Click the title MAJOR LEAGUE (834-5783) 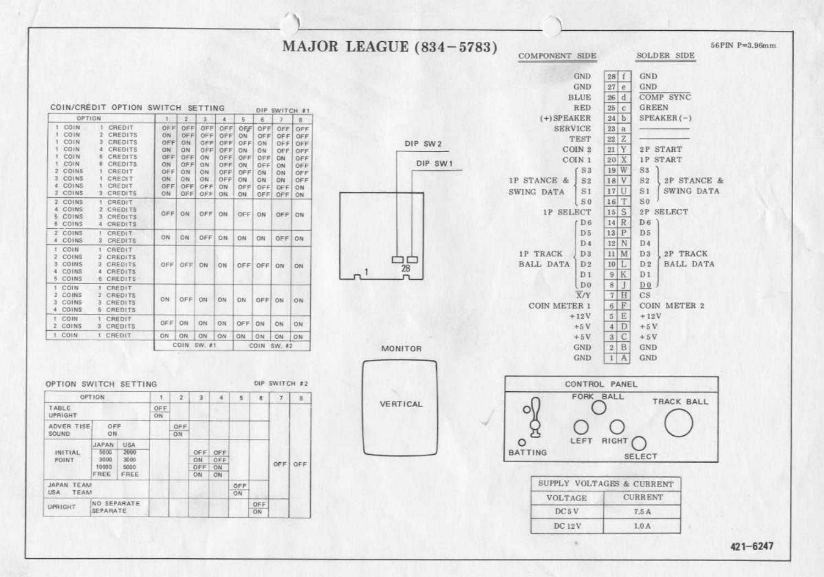[x=389, y=47]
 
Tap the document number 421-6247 [x=751, y=546]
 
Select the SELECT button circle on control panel [x=639, y=443]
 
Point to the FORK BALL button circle [x=598, y=408]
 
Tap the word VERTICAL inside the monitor [x=401, y=404]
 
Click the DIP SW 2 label [x=423, y=144]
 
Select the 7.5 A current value [x=642, y=512]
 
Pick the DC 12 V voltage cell [x=567, y=526]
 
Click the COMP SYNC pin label [x=664, y=97]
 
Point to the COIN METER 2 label [x=671, y=306]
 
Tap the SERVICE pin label [x=572, y=129]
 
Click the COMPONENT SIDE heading [x=557, y=56]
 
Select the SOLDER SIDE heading [x=665, y=56]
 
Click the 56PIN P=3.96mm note [x=743, y=45]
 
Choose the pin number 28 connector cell [x=611, y=76]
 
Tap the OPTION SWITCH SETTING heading [x=101, y=384]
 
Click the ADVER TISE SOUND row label [x=69, y=430]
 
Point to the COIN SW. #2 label [x=270, y=346]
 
